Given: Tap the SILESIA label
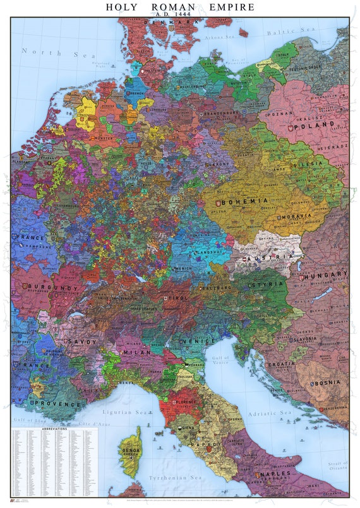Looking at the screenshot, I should [x=325, y=162].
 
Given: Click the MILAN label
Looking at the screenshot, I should [x=138, y=351].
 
